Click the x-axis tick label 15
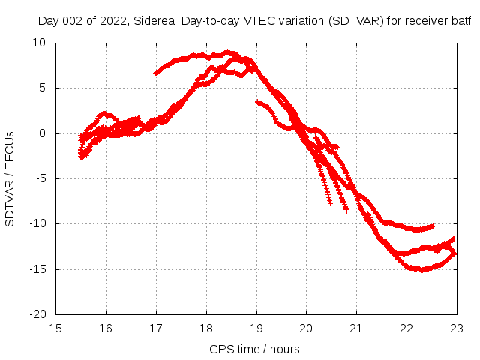pyautogui.click(x=55, y=328)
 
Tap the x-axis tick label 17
pyautogui.click(x=156, y=328)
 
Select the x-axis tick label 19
pyautogui.click(x=256, y=328)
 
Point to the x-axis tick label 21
pyautogui.click(x=356, y=328)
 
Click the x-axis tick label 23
pyautogui.click(x=457, y=328)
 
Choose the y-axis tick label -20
pyautogui.click(x=37, y=314)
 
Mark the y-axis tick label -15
pyautogui.click(x=37, y=269)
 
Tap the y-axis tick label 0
pyautogui.click(x=43, y=133)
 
